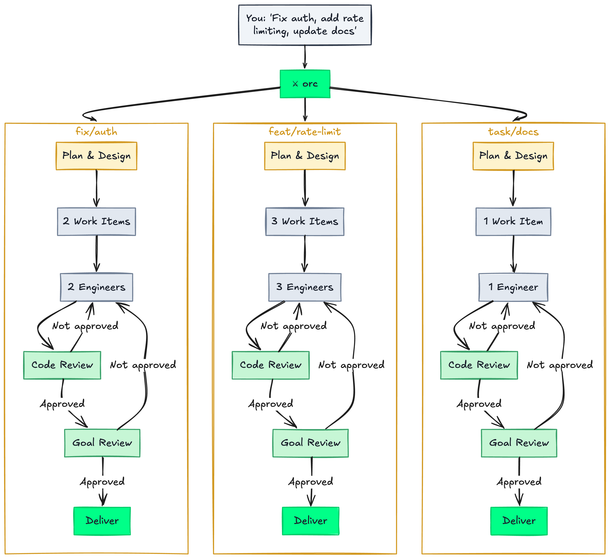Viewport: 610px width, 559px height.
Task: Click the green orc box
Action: tap(305, 84)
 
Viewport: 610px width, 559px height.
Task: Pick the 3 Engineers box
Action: tap(305, 287)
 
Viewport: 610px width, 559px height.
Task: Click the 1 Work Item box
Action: tap(513, 221)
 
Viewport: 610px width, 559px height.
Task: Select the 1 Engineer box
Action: tap(513, 287)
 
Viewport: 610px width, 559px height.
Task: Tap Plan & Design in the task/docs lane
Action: tap(513, 156)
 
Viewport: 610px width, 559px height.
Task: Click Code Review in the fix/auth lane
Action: tap(62, 365)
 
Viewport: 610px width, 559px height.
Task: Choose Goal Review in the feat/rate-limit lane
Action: tap(310, 443)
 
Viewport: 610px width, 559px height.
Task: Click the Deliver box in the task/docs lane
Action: tap(519, 521)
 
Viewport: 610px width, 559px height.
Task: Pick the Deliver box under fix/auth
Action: tap(102, 521)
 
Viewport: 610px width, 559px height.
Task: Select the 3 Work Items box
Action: tap(305, 221)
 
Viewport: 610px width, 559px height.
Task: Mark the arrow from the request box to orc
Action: tap(305, 58)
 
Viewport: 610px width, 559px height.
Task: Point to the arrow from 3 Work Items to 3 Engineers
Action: tap(305, 254)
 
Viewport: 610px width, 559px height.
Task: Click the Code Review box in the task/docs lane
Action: tap(479, 365)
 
